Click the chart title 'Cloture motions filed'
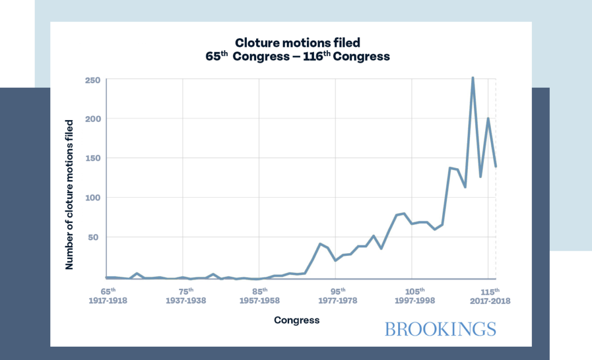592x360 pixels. [x=298, y=43]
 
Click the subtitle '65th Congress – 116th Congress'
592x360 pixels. [x=298, y=57]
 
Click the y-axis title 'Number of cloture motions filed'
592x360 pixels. [x=69, y=195]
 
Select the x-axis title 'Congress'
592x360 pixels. [x=296, y=320]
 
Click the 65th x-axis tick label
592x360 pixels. [x=108, y=291]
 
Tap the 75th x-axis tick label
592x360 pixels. [x=186, y=291]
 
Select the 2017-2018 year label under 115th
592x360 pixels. [x=490, y=301]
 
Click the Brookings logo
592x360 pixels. [x=440, y=329]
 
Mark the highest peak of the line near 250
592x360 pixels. [x=473, y=78]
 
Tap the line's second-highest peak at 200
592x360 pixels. [x=489, y=119]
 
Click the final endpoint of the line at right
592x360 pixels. [x=496, y=166]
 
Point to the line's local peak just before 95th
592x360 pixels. [x=320, y=244]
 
